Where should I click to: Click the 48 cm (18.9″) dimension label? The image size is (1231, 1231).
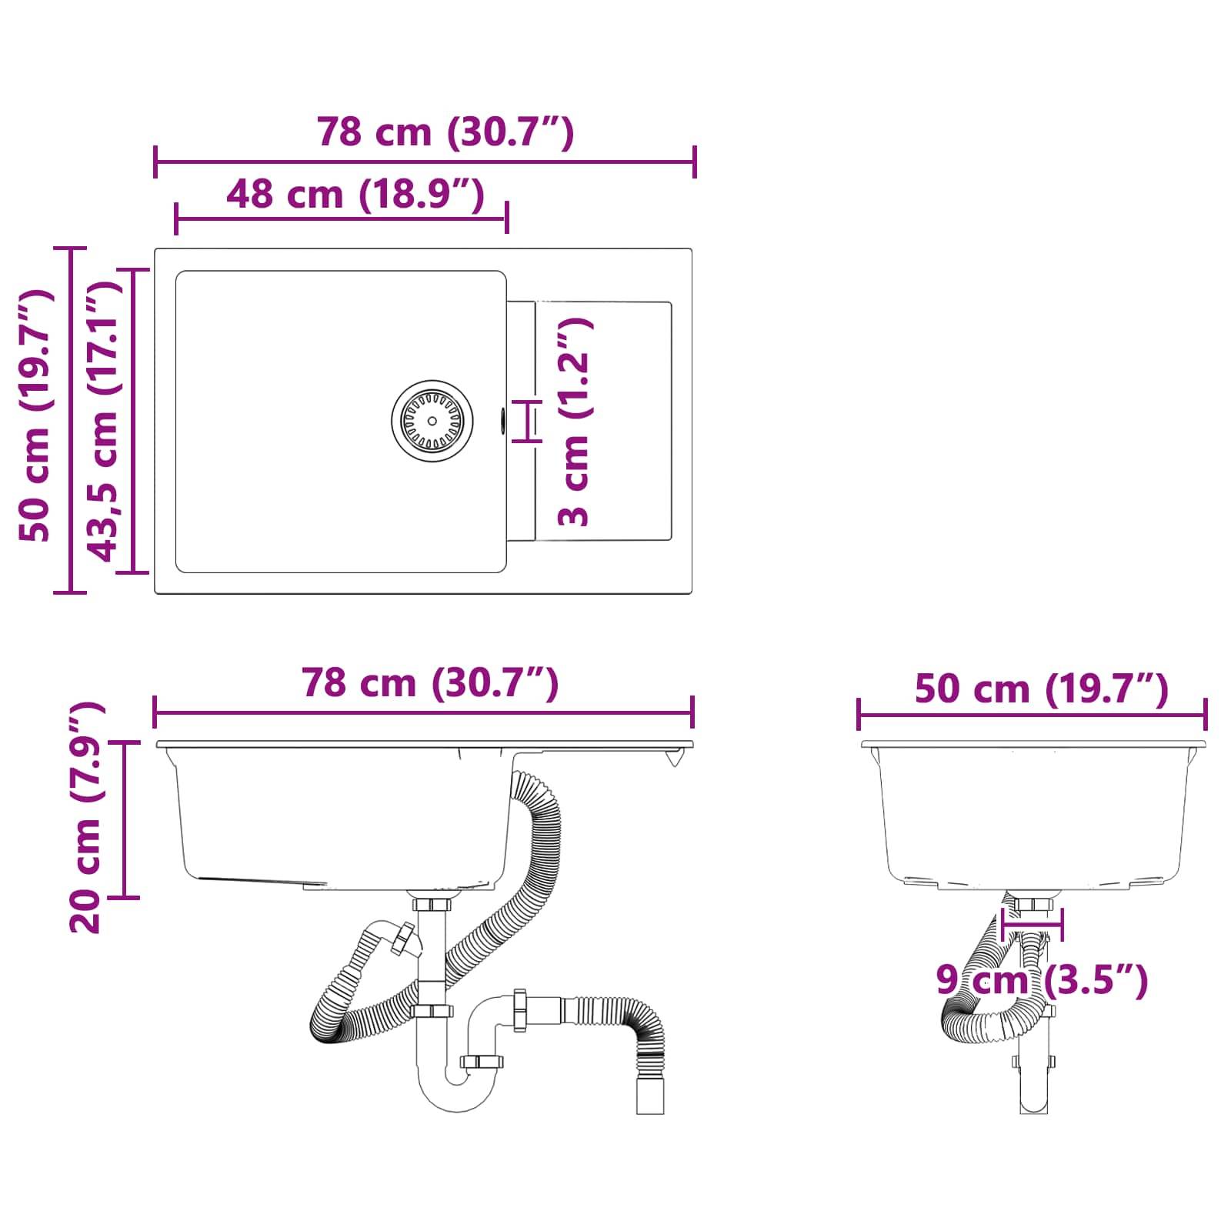point(355,194)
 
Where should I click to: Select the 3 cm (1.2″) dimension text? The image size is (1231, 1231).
point(575,422)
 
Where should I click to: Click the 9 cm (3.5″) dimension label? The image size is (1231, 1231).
point(1042,981)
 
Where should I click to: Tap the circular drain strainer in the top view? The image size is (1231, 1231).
point(432,421)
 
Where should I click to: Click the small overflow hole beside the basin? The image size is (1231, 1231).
point(502,420)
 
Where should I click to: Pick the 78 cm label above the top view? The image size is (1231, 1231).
point(445,132)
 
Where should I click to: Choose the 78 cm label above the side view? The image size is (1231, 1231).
point(430,682)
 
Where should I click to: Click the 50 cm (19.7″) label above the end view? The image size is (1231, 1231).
point(1042,689)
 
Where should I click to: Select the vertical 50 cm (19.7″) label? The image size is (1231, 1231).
point(35,415)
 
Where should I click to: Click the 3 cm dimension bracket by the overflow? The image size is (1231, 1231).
point(528,421)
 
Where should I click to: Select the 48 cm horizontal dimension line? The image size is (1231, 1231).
point(341,219)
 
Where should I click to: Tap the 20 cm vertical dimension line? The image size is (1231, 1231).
point(124,819)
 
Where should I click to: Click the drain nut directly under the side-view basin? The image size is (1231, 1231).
point(432,903)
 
